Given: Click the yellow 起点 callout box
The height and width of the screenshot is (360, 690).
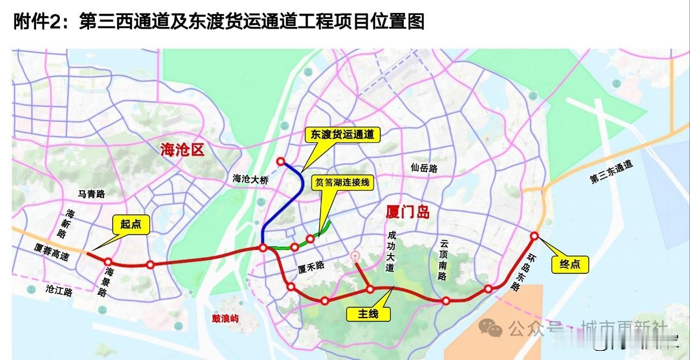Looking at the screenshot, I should point(131,224).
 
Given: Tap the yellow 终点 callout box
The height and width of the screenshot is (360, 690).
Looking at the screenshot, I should point(569,264).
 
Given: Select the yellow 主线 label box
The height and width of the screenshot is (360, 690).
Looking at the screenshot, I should point(368,313).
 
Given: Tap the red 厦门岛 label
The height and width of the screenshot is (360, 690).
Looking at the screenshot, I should point(408,212).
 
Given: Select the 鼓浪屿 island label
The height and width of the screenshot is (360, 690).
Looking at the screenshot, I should point(225,319).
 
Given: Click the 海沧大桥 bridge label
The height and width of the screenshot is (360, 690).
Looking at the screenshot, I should point(250,178).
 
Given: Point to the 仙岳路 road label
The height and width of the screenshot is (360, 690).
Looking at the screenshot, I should point(424,168).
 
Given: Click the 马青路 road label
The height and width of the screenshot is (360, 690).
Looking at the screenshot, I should point(92,194).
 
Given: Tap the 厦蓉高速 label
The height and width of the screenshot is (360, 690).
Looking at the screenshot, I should point(52,252).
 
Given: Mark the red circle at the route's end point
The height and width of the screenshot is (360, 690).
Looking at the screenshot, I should point(534,236).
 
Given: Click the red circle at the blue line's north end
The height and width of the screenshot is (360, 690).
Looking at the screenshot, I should point(280,161).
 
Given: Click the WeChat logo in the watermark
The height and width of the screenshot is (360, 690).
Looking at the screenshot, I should point(491,327).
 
